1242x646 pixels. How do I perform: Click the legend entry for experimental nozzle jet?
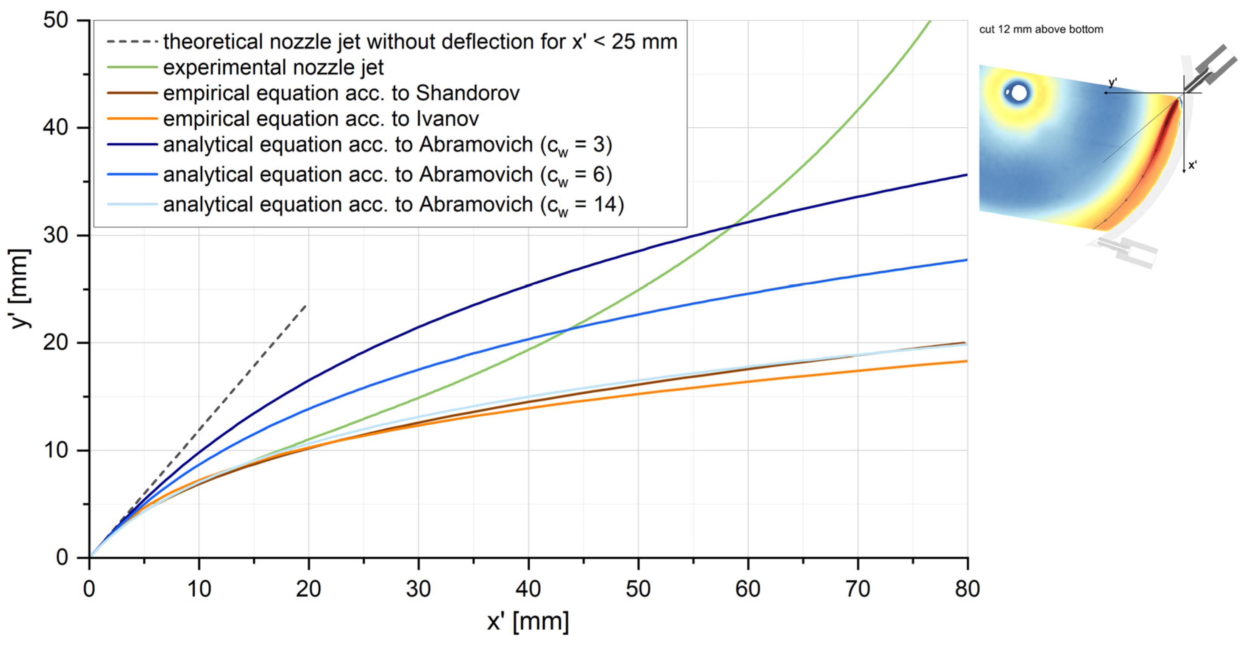pos(273,67)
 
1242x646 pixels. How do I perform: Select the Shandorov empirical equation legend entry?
pos(341,93)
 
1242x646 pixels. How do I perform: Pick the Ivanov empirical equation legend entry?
pos(321,119)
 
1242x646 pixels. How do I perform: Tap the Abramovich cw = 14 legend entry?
pos(393,205)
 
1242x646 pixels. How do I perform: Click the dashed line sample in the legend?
pos(132,42)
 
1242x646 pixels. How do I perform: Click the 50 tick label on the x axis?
pos(638,589)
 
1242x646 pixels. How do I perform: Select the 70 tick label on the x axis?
pos(858,589)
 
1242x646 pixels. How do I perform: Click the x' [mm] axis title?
pos(528,621)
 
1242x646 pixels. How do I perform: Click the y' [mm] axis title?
pos(21,289)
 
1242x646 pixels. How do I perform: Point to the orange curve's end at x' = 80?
pos(967,361)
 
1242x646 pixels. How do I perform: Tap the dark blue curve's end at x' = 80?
pos(967,175)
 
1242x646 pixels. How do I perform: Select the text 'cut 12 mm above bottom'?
pos(1041,30)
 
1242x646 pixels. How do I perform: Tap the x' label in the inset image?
pos(1193,165)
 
